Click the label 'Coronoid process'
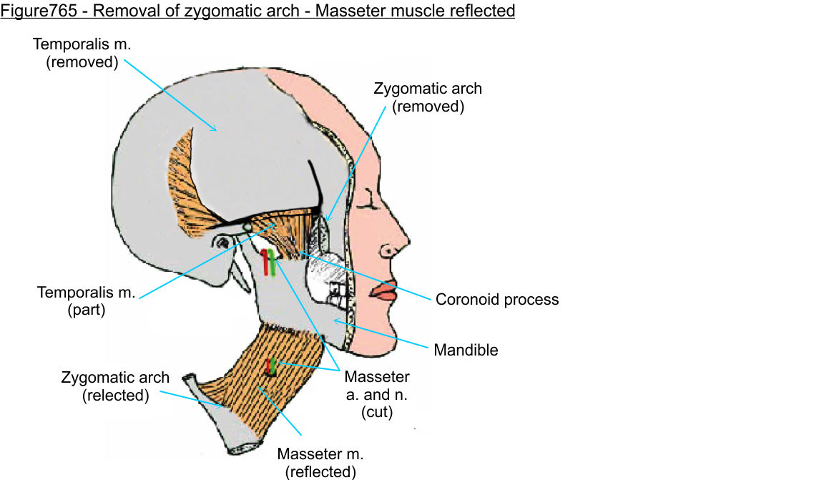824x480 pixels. (x=497, y=299)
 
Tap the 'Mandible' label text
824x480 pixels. (x=466, y=351)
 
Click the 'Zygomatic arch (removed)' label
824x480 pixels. (x=428, y=97)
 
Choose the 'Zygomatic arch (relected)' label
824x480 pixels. (x=114, y=386)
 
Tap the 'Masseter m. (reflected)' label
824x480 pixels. (x=316, y=462)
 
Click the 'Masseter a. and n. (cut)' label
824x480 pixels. (x=377, y=395)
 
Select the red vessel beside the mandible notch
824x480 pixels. (x=265, y=263)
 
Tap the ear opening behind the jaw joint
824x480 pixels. (x=222, y=243)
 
